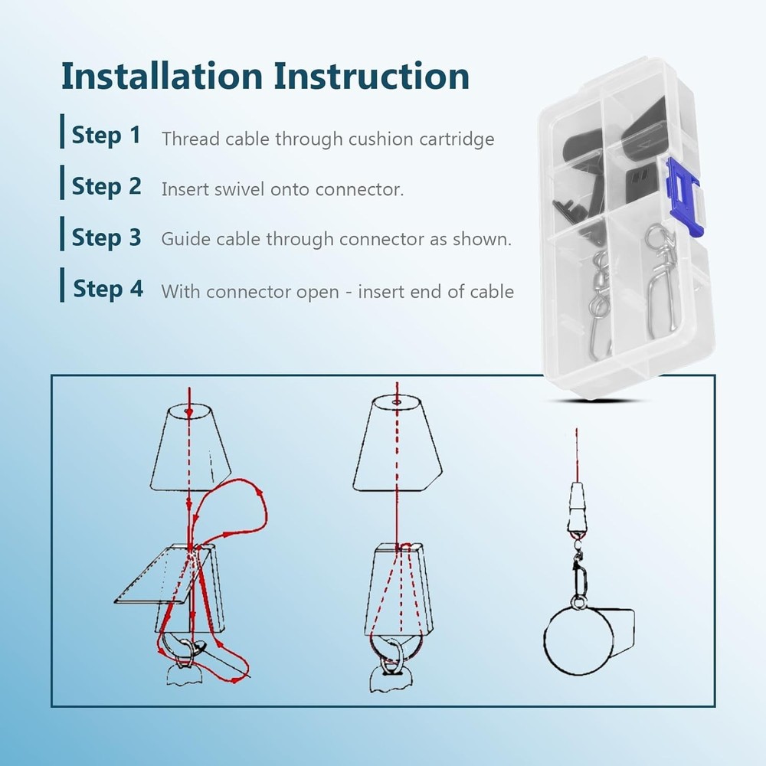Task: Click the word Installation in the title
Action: point(162,76)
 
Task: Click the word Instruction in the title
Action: point(372,76)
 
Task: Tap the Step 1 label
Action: point(106,136)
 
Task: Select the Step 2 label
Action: point(106,187)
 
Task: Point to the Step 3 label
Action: point(106,238)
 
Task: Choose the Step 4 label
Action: point(108,289)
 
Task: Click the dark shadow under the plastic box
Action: point(596,401)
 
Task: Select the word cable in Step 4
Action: point(492,292)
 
